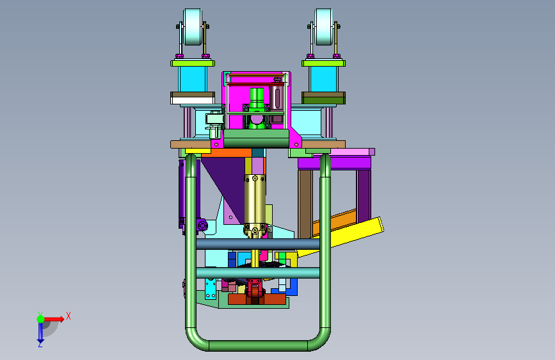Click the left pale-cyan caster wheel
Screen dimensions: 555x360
(193, 27)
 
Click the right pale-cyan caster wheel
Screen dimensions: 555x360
(324, 27)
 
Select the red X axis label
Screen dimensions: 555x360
(68, 316)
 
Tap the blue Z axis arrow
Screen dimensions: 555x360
(40, 332)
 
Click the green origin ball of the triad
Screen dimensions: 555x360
(40, 319)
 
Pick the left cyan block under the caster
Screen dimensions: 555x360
(193, 79)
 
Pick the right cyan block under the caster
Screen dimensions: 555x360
(323, 79)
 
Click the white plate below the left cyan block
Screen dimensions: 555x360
(193, 101)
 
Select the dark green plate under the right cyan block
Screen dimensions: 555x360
(323, 98)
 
